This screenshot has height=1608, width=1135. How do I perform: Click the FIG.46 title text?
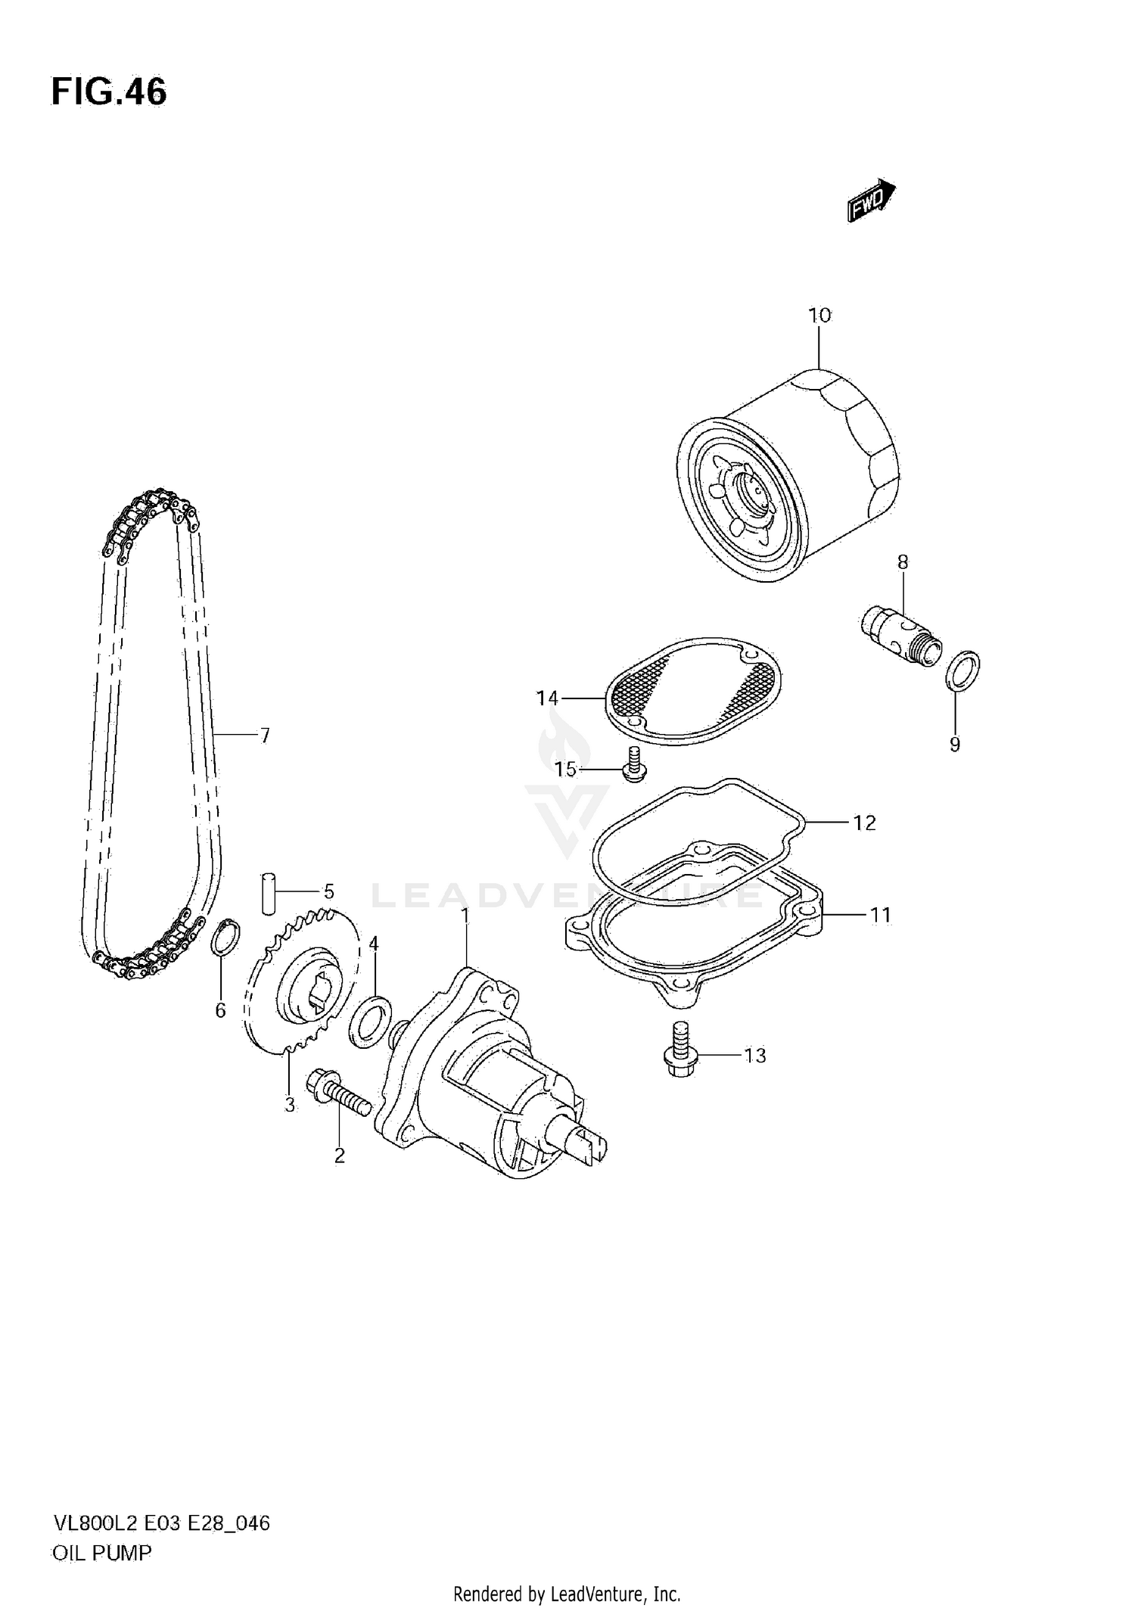coord(109,92)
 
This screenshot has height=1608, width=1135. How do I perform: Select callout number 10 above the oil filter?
coord(819,315)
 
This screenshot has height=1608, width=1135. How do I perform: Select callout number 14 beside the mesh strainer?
coord(547,698)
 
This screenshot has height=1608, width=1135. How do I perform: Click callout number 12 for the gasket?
coord(864,823)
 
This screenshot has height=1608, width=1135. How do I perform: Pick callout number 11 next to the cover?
coord(880,915)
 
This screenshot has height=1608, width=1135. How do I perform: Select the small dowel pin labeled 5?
coord(268,894)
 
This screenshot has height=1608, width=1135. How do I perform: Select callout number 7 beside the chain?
coord(264,735)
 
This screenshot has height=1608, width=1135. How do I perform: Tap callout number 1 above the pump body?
coord(466,916)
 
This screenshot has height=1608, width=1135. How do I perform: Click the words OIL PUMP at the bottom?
coord(101,1553)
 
